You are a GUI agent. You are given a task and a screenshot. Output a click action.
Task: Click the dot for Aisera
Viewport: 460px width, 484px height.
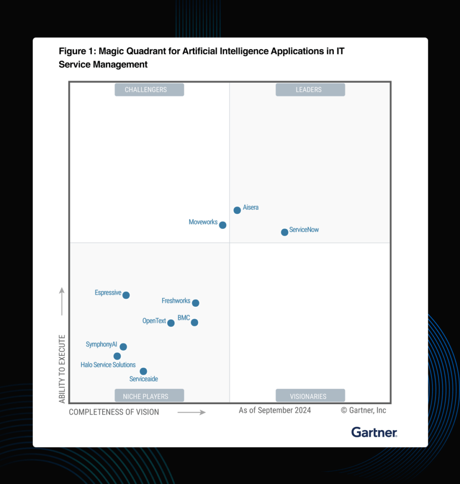(x=237, y=210)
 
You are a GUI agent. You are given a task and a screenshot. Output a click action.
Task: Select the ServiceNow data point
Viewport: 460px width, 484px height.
(x=285, y=232)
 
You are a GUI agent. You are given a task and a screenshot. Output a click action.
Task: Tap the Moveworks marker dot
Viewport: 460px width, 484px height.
(x=223, y=225)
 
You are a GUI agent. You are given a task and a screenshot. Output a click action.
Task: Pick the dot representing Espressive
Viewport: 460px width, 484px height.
(x=126, y=295)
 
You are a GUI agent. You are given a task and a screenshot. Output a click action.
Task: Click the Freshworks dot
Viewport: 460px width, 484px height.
(x=195, y=303)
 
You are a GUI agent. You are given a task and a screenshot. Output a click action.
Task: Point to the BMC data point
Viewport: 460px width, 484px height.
(x=194, y=322)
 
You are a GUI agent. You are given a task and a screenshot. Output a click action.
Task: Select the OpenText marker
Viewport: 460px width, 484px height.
(x=171, y=323)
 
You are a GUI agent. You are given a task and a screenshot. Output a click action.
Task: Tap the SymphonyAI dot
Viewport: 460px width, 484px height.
(x=123, y=347)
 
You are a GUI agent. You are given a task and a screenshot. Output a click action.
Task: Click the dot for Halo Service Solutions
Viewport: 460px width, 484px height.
(x=117, y=356)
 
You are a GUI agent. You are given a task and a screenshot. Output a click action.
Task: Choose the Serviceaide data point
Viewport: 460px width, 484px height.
(x=143, y=372)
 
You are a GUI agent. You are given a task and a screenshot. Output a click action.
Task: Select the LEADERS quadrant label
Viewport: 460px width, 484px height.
(x=310, y=90)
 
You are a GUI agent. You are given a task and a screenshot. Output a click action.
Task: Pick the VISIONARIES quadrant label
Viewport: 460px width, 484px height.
(x=310, y=396)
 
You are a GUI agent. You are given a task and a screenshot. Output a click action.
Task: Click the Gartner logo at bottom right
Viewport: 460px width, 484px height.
(x=374, y=432)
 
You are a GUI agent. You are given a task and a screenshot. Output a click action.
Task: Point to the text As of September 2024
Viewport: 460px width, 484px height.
(x=275, y=410)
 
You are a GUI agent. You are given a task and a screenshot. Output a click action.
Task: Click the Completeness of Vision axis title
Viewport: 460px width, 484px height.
(x=114, y=412)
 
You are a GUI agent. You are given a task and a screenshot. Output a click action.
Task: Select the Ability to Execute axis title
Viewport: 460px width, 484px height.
(x=62, y=369)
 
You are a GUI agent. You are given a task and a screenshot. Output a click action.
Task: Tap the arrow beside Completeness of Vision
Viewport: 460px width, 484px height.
(x=191, y=413)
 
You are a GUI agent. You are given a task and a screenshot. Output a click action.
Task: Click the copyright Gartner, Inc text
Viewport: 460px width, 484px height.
(x=364, y=410)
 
